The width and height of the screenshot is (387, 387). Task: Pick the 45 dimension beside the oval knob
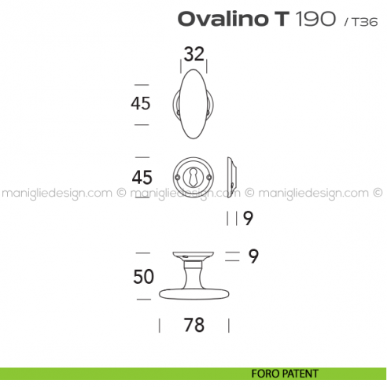tap(141, 102)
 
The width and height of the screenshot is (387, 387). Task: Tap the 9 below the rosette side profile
tap(247, 219)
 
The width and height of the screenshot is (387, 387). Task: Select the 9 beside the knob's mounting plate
tap(253, 256)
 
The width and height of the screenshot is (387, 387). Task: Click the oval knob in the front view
tap(193, 102)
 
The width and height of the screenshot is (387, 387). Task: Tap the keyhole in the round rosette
tap(193, 176)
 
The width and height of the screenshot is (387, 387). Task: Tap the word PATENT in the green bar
tap(302, 374)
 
